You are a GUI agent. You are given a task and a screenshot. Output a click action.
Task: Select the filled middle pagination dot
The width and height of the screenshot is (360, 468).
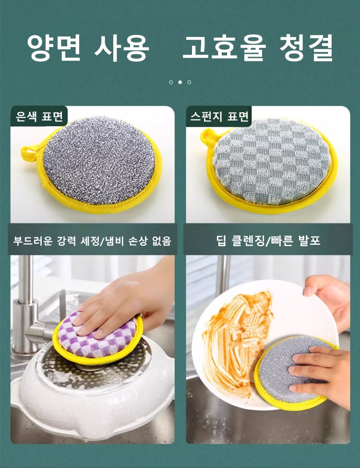tap(180, 82)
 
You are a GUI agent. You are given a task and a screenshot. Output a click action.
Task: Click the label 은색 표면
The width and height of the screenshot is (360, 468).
tap(39, 116)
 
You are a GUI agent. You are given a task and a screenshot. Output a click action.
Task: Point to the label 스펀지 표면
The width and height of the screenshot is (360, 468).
tap(219, 116)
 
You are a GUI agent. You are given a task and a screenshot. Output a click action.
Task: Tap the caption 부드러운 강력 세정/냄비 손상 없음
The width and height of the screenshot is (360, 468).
tap(92, 240)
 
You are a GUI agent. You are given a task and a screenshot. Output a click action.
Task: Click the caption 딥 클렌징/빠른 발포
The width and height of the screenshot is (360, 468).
tap(268, 240)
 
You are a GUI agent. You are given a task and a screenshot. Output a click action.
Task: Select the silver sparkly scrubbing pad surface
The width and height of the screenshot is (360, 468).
tap(99, 161)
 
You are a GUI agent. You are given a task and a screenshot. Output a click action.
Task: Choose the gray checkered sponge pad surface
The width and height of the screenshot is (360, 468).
tap(271, 161)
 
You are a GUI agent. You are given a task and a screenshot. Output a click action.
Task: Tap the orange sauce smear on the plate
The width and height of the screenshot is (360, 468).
tap(237, 340)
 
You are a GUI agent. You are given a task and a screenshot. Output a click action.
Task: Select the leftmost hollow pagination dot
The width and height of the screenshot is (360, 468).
tap(171, 82)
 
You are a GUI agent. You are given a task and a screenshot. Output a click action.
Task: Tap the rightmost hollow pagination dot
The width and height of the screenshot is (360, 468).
tap(189, 82)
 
